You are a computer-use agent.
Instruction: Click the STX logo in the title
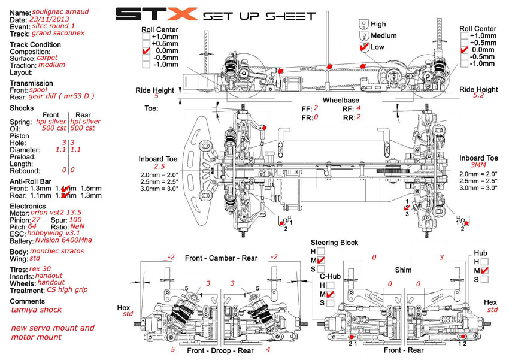tap(155, 14)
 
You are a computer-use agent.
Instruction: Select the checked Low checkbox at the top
tap(363, 46)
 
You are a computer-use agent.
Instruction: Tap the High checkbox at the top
tap(363, 24)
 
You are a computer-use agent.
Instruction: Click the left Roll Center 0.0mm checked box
tap(146, 51)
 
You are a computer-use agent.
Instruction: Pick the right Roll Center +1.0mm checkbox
tap(463, 36)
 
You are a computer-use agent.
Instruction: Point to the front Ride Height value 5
tap(156, 95)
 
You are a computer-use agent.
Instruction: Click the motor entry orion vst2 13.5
tap(56, 212)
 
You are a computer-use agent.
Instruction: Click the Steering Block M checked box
tap(321, 261)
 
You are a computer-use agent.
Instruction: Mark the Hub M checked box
tap(484, 271)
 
